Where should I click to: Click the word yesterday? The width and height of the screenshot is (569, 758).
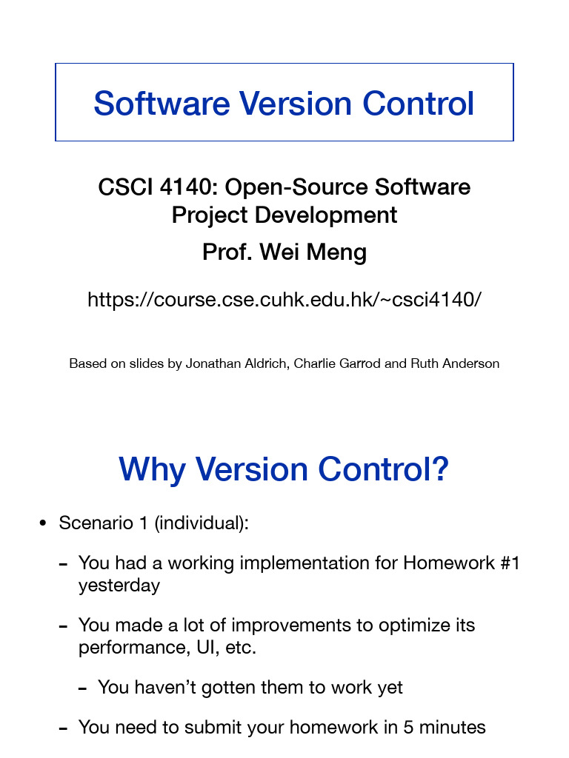119,586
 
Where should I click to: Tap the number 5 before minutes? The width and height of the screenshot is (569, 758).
407,728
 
